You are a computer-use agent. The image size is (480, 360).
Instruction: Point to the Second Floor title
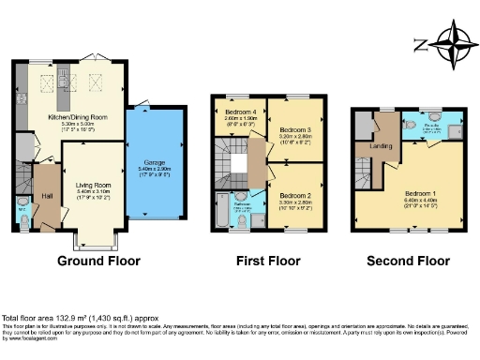[x=406, y=260]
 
